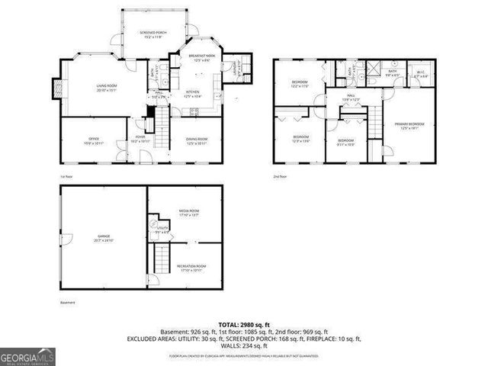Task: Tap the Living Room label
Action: pos(106,89)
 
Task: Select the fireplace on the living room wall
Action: pos(55,89)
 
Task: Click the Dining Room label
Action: pos(197,140)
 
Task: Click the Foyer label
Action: pos(140,140)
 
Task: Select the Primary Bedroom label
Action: pos(410,126)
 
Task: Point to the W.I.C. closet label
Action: pos(420,75)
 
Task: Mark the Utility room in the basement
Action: pos(162,230)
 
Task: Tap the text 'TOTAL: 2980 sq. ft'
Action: pos(243,324)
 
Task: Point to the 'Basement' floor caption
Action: pos(68,303)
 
